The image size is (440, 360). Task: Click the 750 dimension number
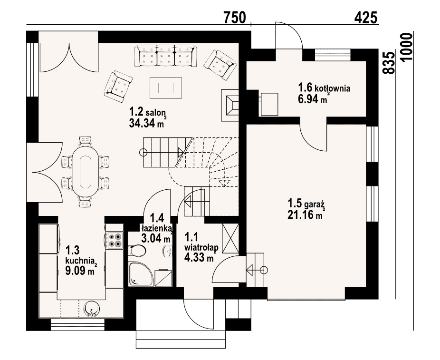pyautogui.click(x=235, y=18)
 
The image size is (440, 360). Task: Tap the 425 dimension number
pyautogui.click(x=366, y=18)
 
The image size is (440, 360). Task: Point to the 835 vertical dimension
pyautogui.click(x=389, y=63)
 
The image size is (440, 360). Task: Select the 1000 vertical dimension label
pyautogui.click(x=407, y=47)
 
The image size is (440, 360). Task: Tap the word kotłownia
pyautogui.click(x=333, y=88)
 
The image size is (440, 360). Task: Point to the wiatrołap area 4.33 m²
pyautogui.click(x=199, y=257)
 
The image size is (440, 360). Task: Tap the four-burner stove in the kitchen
pyautogui.click(x=115, y=241)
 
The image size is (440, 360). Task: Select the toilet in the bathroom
pyautogui.click(x=137, y=251)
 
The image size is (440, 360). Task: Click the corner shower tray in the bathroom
pyautogui.click(x=141, y=274)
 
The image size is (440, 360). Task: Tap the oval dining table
pyautogui.click(x=86, y=172)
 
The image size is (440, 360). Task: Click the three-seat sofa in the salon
pyautogui.click(x=165, y=56)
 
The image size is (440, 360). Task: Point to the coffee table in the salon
pyautogui.click(x=166, y=88)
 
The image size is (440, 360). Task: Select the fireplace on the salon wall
pyautogui.click(x=230, y=105)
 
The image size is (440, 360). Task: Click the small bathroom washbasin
pyautogui.click(x=168, y=251)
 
